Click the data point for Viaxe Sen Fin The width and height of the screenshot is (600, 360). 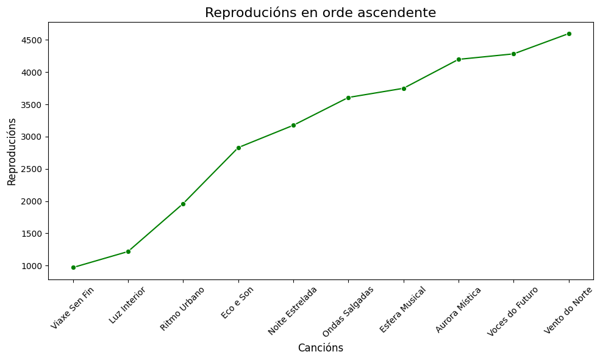tap(73, 267)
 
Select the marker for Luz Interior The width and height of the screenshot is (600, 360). tap(128, 251)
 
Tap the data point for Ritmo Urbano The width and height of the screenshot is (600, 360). tap(183, 204)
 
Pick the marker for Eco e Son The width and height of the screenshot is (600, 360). tap(238, 148)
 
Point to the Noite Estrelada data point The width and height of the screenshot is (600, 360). tap(293, 125)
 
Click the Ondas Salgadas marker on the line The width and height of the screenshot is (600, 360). tap(348, 98)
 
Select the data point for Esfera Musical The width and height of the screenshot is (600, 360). tap(404, 88)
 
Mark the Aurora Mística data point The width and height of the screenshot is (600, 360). tap(459, 59)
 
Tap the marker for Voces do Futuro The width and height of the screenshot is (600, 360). tap(513, 54)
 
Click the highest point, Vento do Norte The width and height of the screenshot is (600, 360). tap(569, 34)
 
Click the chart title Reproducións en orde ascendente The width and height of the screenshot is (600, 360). tap(320, 13)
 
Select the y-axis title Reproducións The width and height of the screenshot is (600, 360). tap(12, 151)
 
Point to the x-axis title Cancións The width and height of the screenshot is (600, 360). tap(320, 348)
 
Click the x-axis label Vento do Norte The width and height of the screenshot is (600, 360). tap(568, 310)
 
